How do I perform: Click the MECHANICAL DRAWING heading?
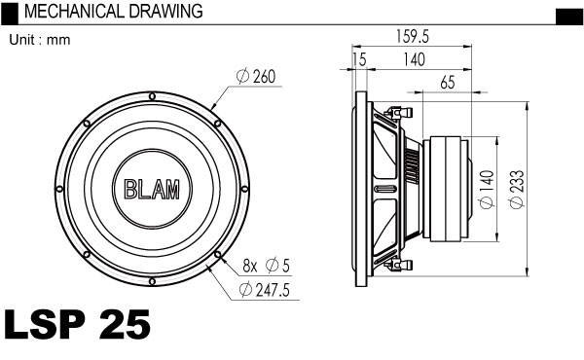[x=113, y=11]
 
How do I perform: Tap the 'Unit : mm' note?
[x=40, y=40]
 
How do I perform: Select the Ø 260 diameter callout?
[x=256, y=77]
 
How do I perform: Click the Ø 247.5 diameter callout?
[x=265, y=290]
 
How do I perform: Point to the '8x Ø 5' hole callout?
[x=266, y=266]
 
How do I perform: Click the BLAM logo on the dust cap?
[x=152, y=189]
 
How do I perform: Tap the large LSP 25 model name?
[x=77, y=324]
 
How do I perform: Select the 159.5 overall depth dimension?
[x=412, y=36]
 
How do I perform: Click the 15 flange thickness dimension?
[x=359, y=59]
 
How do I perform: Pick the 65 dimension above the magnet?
[x=448, y=83]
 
